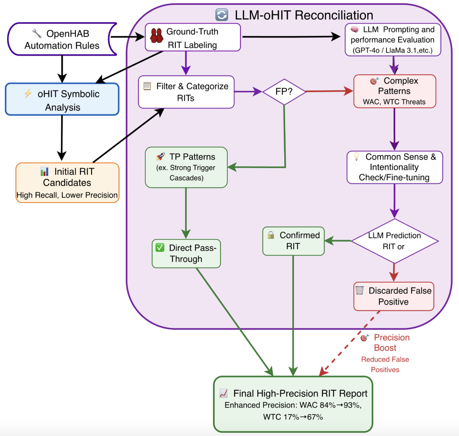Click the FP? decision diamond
pos(284,92)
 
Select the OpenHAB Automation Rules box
pos(62,39)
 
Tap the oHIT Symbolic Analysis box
pos(62,99)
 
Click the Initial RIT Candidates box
pos(67,183)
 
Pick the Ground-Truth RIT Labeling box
pos(193,38)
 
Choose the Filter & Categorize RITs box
pos(186,92)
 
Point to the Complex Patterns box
pos(394,91)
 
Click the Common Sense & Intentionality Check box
pos(394,167)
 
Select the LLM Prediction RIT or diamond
pos(394,241)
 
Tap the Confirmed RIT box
pos(293,241)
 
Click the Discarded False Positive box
pos(394,296)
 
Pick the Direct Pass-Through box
pos(186,254)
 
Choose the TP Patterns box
pos(186,167)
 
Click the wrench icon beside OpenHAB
pos(37,33)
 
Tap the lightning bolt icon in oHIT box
pos(28,93)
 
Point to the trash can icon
pos(359,290)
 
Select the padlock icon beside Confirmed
pos(270,235)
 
